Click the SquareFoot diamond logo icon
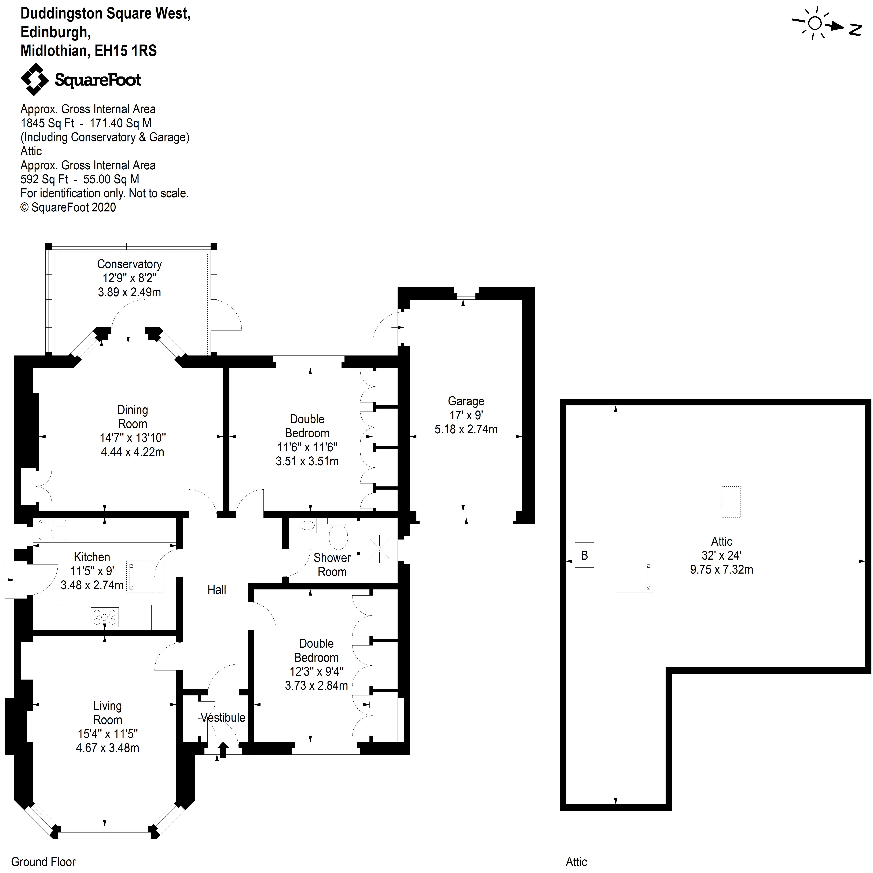pyautogui.click(x=34, y=79)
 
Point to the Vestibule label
pyautogui.click(x=223, y=718)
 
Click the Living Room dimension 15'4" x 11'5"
pyautogui.click(x=108, y=734)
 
